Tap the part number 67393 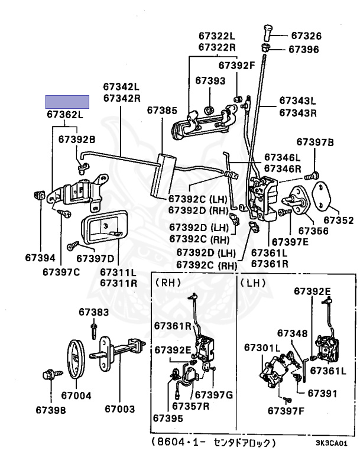point(210,79)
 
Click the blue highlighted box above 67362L point(68,102)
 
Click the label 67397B point(315,142)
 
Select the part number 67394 point(40,258)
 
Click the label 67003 point(120,408)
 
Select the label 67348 point(291,334)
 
